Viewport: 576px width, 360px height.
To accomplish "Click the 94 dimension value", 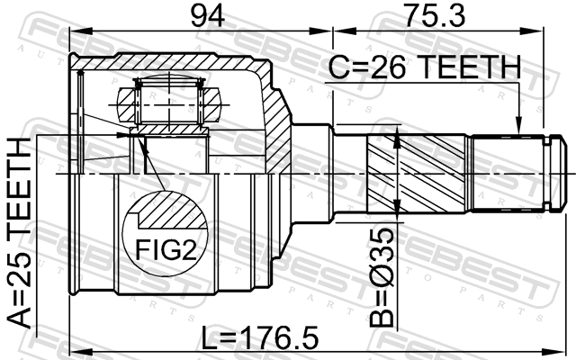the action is (208, 16).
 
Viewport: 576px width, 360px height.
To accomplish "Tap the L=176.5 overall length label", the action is (260, 337).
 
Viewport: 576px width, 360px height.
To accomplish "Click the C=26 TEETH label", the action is (424, 67).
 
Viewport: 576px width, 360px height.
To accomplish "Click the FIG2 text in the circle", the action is (166, 249).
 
